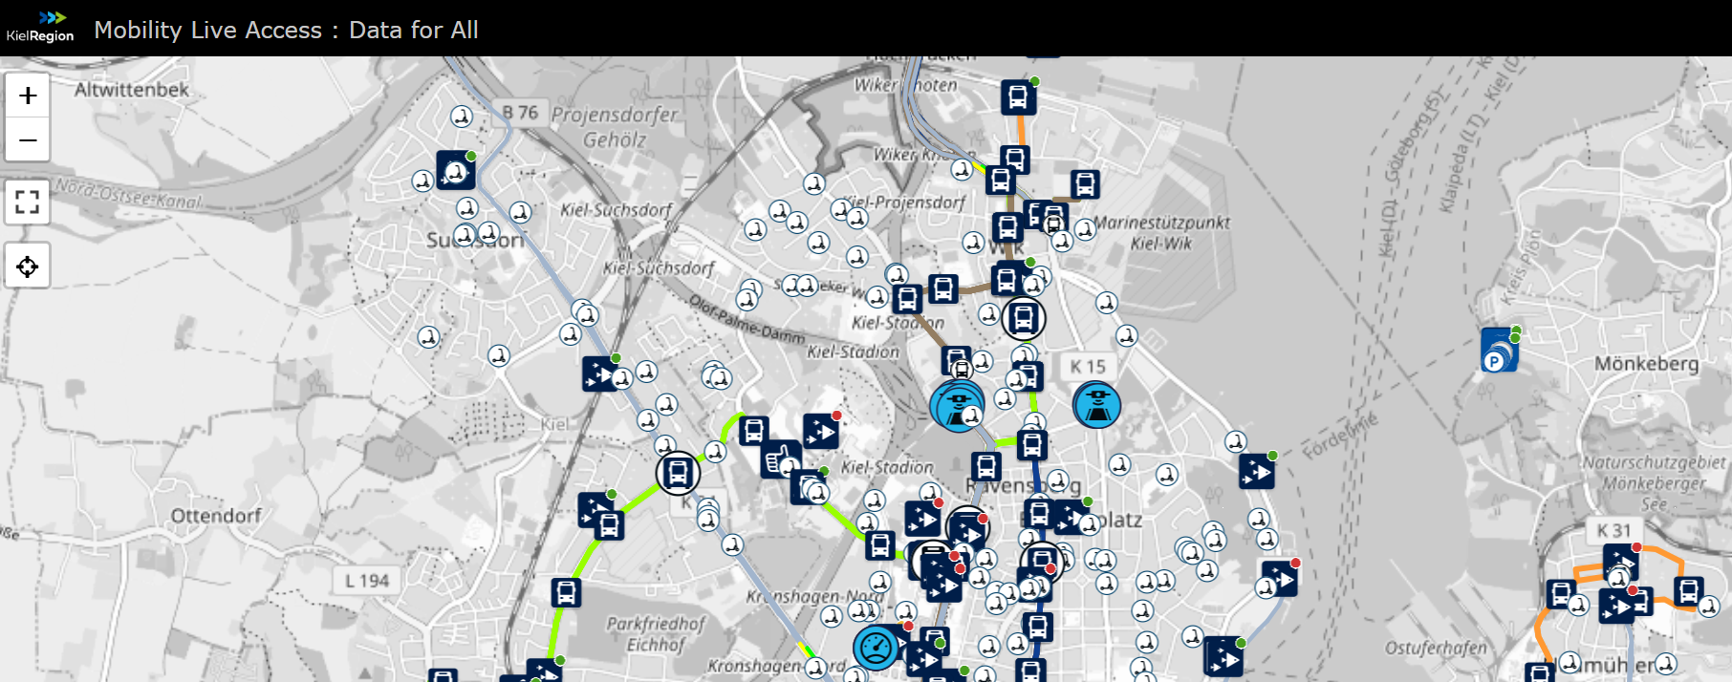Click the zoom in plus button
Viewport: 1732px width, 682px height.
click(28, 96)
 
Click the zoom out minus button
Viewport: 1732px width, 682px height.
click(28, 140)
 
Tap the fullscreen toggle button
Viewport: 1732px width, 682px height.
click(28, 202)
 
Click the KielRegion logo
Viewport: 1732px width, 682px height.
click(40, 27)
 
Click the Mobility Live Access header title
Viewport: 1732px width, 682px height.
click(286, 30)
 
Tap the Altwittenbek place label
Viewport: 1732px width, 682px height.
click(132, 90)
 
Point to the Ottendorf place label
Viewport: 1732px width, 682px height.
click(216, 516)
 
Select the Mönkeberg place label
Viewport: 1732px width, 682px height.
click(1646, 364)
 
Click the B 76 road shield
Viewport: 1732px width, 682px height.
click(521, 113)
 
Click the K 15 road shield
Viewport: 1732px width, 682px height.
click(1088, 366)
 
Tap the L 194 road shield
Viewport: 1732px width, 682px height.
click(367, 581)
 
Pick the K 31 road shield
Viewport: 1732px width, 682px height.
click(1614, 530)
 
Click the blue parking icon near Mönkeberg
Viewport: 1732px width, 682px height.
click(1499, 351)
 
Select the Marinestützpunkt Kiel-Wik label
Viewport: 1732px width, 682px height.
click(1161, 232)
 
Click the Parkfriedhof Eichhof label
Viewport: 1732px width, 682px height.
click(656, 634)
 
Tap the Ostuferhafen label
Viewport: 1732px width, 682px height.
click(1436, 649)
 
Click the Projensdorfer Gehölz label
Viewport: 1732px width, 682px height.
click(615, 127)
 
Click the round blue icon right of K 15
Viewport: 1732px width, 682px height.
click(1096, 405)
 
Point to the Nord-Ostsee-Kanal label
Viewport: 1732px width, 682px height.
click(128, 193)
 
